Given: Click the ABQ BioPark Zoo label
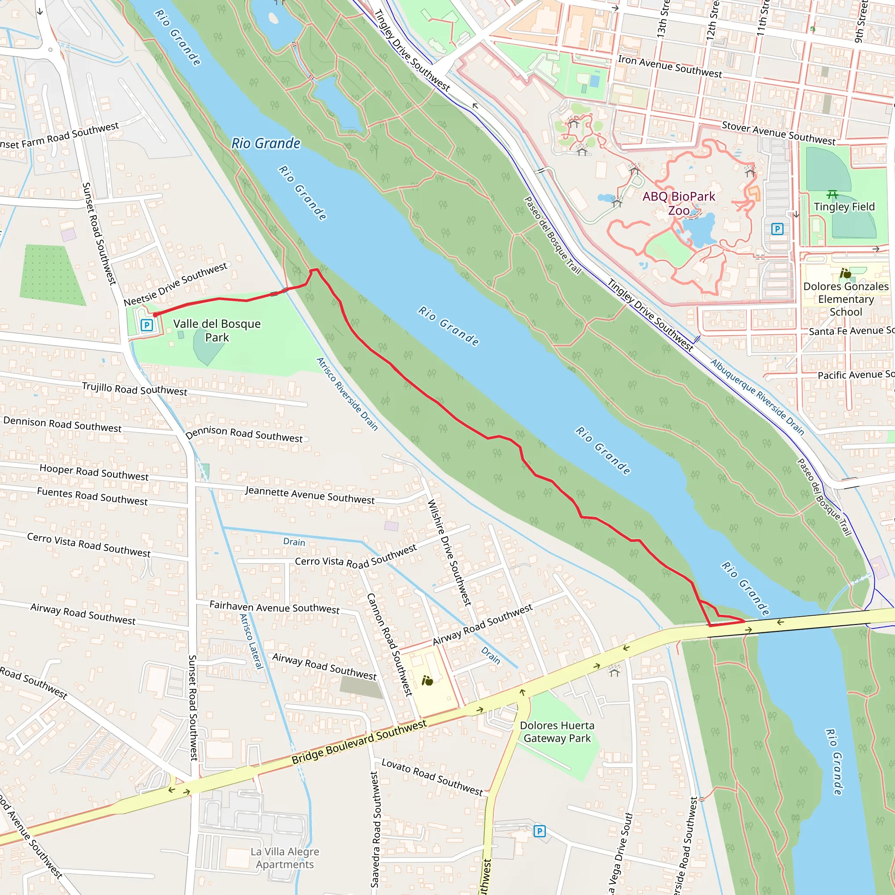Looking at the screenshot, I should [x=678, y=203].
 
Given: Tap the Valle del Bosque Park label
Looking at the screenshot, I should [x=217, y=330].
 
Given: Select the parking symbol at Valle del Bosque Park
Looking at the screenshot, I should [x=147, y=325].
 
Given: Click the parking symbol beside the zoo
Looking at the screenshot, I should [x=777, y=229].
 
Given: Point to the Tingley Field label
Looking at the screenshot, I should [x=844, y=207].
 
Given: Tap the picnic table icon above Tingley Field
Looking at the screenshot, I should [x=832, y=194].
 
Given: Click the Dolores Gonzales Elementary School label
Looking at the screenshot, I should [x=846, y=299].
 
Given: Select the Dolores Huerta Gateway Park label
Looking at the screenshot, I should [x=557, y=732].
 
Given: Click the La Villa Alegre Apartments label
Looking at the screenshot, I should [x=284, y=857].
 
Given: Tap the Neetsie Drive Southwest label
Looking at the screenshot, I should [x=175, y=284].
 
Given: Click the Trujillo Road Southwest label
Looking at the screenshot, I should [x=134, y=389].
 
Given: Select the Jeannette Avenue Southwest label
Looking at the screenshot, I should [x=309, y=495].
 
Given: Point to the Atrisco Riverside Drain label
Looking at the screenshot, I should [x=347, y=394].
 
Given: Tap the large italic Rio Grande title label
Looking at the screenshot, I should [x=265, y=144].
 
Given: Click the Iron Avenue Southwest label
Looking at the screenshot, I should [x=670, y=67].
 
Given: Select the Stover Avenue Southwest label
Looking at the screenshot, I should [x=778, y=133].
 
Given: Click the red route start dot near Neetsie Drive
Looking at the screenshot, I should [x=155, y=315].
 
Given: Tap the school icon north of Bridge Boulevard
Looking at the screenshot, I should [x=427, y=680].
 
